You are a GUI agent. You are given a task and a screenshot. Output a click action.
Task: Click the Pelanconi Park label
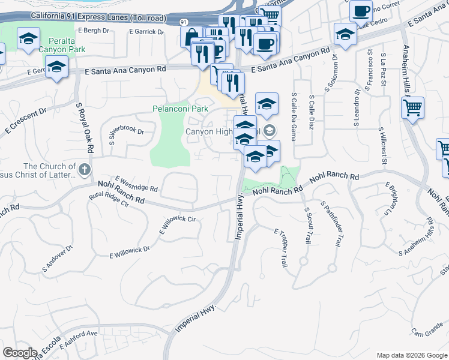[x=180, y=109]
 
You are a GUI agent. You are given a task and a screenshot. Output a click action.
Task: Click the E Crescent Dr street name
[x=25, y=120]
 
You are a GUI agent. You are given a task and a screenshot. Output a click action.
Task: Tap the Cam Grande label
[x=426, y=331]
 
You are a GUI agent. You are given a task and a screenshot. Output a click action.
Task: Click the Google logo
[x=20, y=353]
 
